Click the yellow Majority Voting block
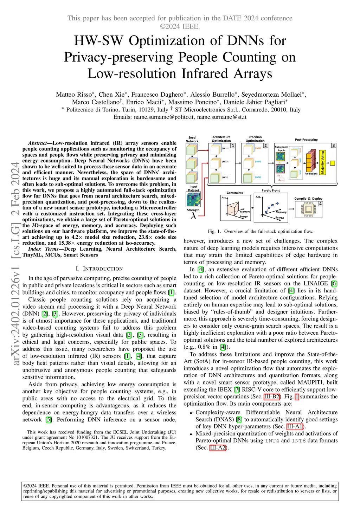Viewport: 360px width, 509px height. [x=323, y=162]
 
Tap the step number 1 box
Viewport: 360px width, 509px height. [x=232, y=146]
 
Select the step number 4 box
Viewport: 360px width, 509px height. [x=320, y=204]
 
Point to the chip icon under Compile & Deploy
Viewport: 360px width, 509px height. [x=308, y=210]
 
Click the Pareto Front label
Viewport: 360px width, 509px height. [x=271, y=190]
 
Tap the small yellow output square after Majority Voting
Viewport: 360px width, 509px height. [x=332, y=163]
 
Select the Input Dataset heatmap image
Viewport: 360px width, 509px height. [x=193, y=200]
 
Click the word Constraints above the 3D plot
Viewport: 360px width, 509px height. [x=234, y=193]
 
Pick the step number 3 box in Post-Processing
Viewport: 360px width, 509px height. [x=333, y=146]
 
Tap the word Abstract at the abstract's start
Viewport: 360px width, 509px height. [x=37, y=143]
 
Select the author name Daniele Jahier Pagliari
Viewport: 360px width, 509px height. [x=256, y=102]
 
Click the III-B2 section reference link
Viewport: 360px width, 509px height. [x=272, y=397]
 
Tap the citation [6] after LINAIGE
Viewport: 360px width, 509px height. [x=334, y=283]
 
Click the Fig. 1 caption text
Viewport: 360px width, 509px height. [x=260, y=231]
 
